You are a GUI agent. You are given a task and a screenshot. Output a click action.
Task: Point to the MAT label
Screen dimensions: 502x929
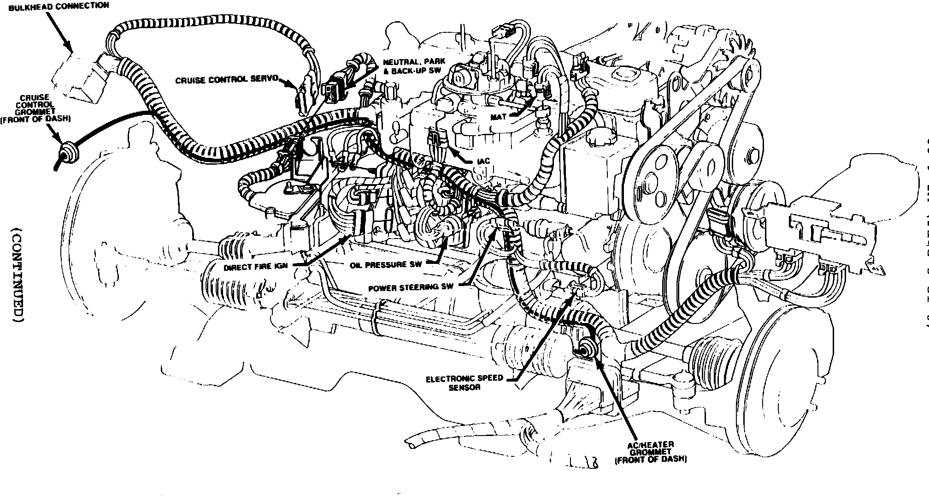498,117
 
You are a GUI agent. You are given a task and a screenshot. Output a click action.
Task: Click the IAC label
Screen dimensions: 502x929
483,161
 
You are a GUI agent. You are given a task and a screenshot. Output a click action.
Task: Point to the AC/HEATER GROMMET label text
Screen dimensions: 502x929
651,452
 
